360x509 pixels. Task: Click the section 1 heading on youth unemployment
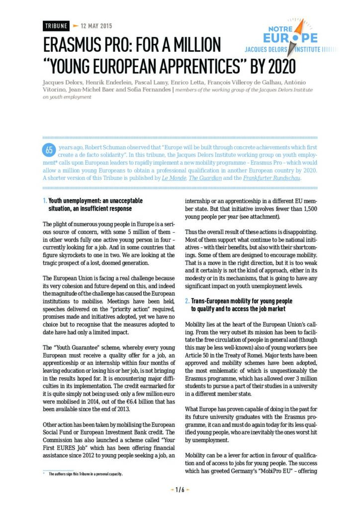pyautogui.click(x=94, y=204)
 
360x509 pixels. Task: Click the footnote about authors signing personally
pyautogui.click(x=85, y=474)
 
